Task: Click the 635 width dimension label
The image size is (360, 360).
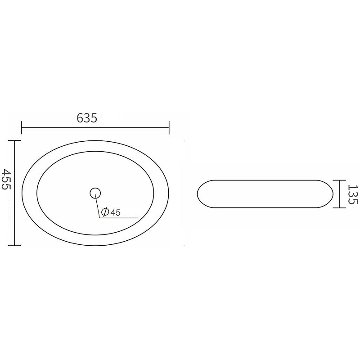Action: click(x=87, y=118)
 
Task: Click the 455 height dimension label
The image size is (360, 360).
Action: click(x=6, y=179)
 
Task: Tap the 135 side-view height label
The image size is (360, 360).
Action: click(x=353, y=194)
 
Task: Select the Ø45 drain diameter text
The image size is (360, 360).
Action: click(x=111, y=212)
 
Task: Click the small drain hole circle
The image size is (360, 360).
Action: click(x=95, y=193)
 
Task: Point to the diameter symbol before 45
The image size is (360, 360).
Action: click(x=105, y=212)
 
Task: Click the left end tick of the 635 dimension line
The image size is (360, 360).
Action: click(x=21, y=128)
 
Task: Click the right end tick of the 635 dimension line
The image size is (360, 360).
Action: click(x=169, y=128)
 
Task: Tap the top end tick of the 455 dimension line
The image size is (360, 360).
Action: click(x=14, y=141)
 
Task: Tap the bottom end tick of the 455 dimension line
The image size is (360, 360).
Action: click(x=14, y=246)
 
